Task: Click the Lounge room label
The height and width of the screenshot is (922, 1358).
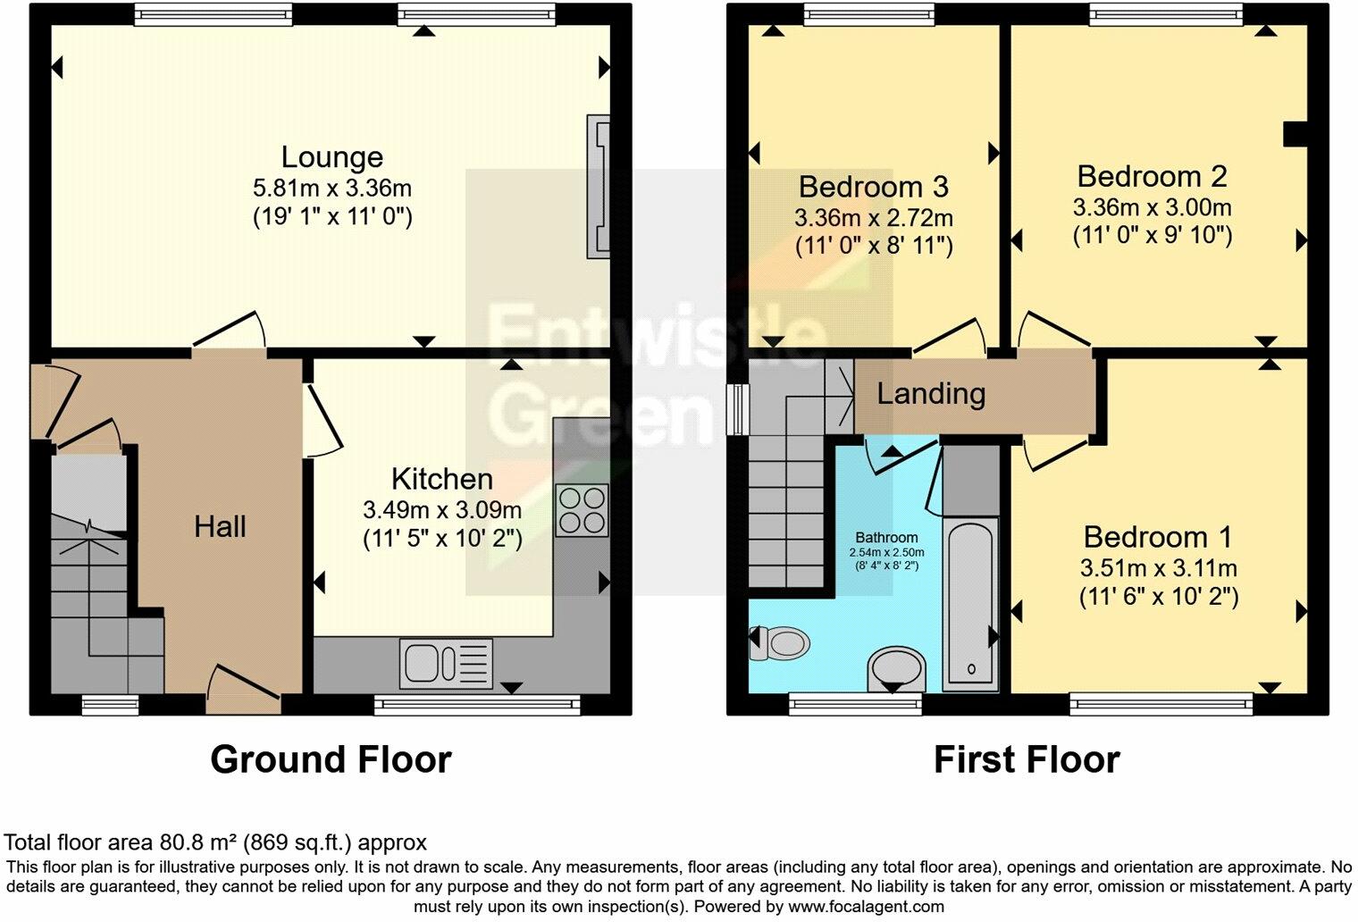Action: point(331,157)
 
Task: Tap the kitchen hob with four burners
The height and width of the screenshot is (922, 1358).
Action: point(582,510)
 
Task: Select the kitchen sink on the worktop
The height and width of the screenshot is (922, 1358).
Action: point(445,664)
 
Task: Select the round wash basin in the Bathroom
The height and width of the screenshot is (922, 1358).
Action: point(895,668)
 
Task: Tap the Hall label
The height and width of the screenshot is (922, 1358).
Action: point(220,527)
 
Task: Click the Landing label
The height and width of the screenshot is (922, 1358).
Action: point(931,394)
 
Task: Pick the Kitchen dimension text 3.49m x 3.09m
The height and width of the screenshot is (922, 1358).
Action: point(442,510)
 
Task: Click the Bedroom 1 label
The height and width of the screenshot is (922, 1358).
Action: point(1157,537)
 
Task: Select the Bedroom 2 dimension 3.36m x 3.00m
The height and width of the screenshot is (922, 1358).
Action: point(1152,208)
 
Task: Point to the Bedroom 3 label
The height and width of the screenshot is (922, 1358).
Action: point(873,187)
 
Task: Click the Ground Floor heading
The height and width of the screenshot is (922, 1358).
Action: point(331,760)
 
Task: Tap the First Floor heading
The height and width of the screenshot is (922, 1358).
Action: point(1027,760)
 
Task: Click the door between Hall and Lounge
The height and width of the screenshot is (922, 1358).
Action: point(230,332)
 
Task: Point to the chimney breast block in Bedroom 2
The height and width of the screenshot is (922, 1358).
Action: point(1295,134)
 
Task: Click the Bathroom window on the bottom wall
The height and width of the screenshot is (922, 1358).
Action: point(855,705)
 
